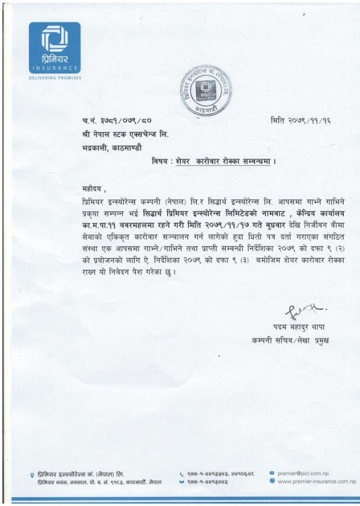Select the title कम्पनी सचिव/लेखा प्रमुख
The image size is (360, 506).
click(291, 340)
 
